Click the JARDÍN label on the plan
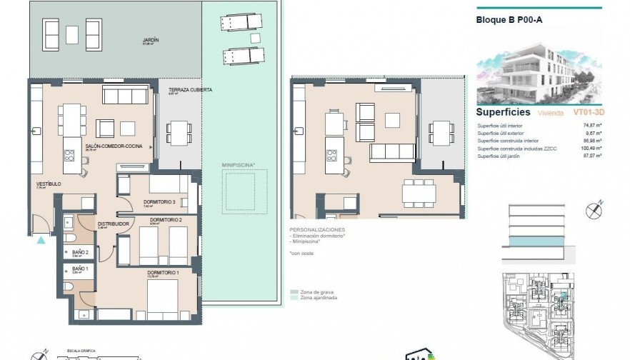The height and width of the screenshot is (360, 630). pos(150,41)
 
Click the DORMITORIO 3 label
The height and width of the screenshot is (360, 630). pos(159,202)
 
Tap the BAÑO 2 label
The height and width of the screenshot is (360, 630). pos(80,252)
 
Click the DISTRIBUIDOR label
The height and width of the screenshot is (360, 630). pos(113,224)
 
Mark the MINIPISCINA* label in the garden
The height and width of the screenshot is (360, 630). pos(239,165)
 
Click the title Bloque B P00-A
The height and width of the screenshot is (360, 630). pos(508,19)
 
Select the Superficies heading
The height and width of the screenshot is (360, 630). pos(503,112)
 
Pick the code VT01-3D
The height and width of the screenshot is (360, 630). pos(589,113)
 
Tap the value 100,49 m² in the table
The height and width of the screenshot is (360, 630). pos(590,148)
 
